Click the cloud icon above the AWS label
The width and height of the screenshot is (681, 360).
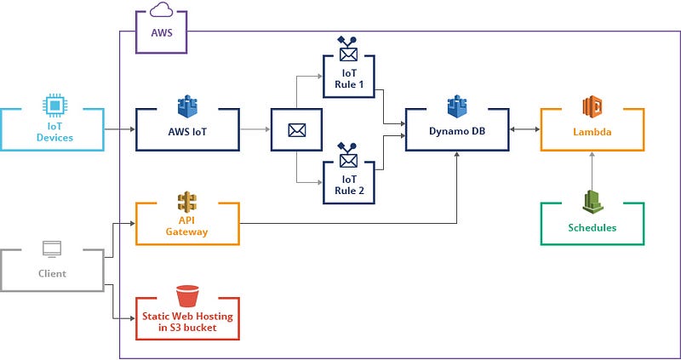click(x=161, y=10)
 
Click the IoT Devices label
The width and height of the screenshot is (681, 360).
click(x=53, y=131)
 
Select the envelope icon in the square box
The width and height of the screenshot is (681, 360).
click(x=296, y=130)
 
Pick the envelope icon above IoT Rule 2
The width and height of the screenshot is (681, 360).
click(x=347, y=158)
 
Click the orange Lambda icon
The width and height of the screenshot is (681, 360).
click(x=592, y=107)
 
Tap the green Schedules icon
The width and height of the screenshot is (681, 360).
click(x=592, y=202)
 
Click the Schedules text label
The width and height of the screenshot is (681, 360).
click(x=592, y=228)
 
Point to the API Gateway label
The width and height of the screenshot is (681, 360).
click(x=187, y=226)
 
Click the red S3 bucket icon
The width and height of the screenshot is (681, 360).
click(x=187, y=296)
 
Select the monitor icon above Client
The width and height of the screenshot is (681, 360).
click(x=53, y=249)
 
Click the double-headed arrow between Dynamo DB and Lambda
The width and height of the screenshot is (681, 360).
click(x=524, y=130)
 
